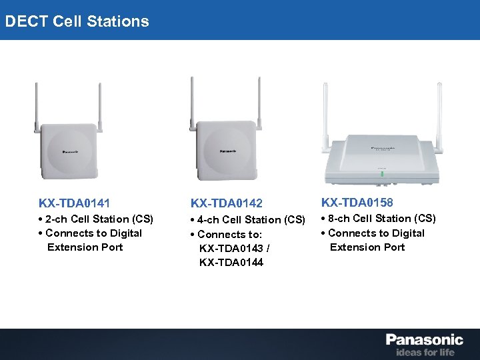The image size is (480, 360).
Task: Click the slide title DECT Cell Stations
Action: [x=77, y=21]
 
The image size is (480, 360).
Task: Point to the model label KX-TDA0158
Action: [x=357, y=202]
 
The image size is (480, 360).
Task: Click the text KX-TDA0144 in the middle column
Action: [x=231, y=262]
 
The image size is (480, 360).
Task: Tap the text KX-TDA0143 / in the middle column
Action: [x=234, y=248]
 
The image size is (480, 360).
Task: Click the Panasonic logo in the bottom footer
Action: [x=424, y=339]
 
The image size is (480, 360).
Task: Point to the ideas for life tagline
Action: [x=425, y=351]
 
